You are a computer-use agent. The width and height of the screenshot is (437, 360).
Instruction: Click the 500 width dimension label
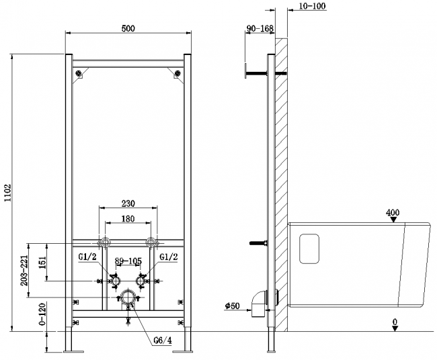coord(128,28)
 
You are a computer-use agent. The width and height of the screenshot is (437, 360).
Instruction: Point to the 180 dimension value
coord(128,220)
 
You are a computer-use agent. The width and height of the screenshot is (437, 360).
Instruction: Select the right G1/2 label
coord(168,256)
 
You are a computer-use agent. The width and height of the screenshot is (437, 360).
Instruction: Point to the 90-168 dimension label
coord(260,28)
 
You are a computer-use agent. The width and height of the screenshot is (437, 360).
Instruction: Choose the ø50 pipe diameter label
coord(233,307)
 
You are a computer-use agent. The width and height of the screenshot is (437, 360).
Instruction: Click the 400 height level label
coord(393,213)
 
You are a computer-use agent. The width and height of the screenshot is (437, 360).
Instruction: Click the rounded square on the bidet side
coord(310,249)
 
